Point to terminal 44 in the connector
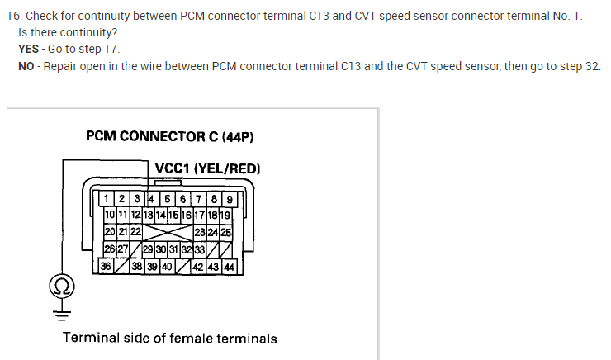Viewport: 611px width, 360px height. pos(229,267)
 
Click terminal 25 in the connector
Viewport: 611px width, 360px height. pos(225,233)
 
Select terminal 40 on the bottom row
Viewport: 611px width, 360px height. pos(167,267)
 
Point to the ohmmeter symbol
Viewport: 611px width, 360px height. pos(61,288)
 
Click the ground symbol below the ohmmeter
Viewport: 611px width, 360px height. pos(61,310)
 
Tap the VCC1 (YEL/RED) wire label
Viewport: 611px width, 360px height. pos(207,168)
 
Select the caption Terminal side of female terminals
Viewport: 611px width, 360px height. pos(170,338)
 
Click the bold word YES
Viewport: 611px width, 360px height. pos(28,49)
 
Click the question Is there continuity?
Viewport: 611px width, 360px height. pos(67,32)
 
